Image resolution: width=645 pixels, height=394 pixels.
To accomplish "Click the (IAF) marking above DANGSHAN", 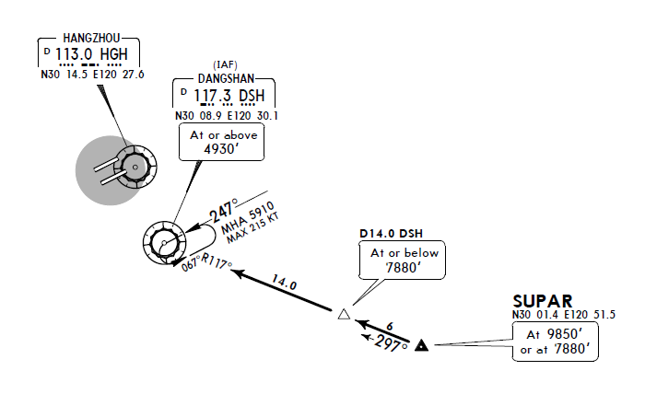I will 226,64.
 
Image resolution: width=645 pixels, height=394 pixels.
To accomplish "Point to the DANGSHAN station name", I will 226,80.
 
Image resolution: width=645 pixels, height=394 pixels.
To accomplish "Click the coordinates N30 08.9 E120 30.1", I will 227,116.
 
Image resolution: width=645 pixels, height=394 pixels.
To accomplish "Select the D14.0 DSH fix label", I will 391,233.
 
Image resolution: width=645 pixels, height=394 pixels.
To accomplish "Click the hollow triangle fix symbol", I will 344,314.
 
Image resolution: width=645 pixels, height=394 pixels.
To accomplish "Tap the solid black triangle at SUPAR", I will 422,345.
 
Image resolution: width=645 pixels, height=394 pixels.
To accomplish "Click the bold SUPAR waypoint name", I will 543,301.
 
